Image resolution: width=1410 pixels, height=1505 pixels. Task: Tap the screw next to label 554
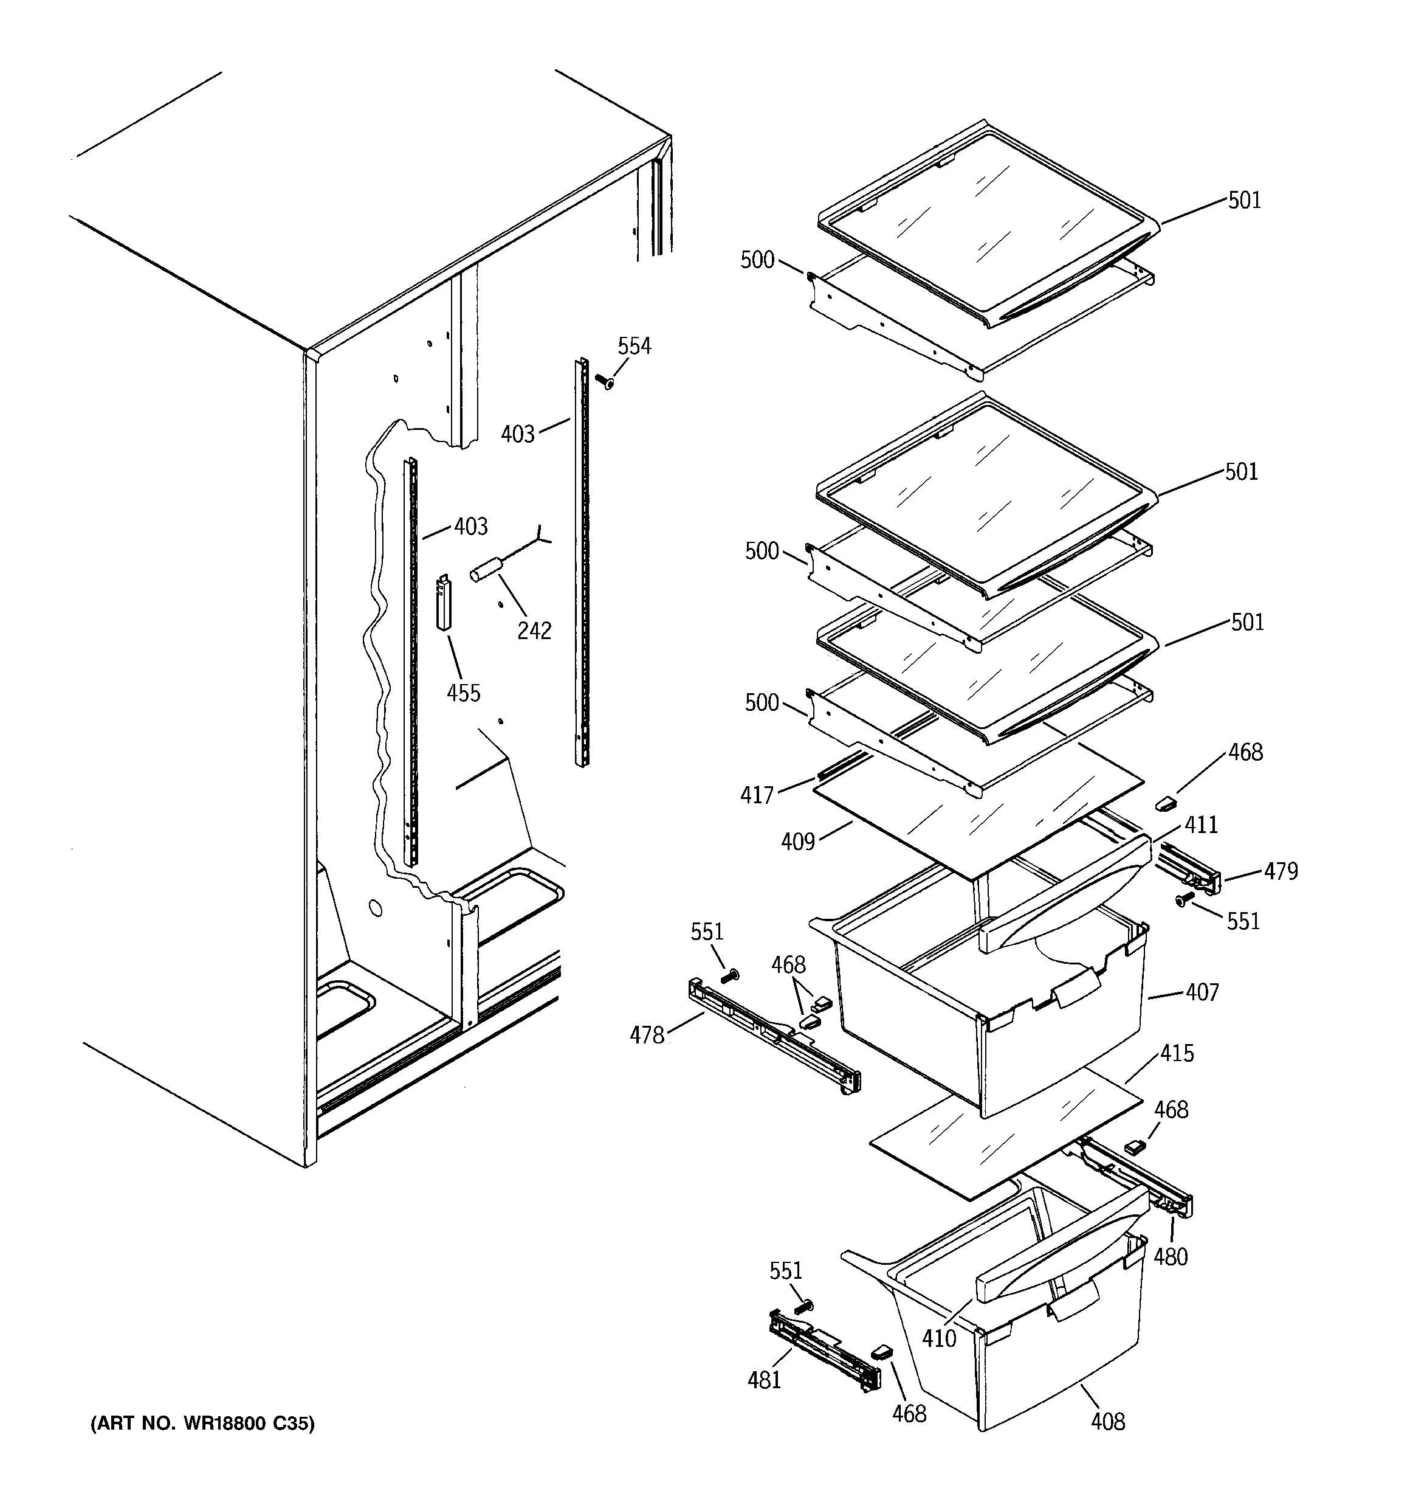coord(605,381)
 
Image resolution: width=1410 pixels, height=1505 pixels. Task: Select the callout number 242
coord(534,630)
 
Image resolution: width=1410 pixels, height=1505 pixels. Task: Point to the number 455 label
coord(463,692)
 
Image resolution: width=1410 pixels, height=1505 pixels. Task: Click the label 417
coord(757,795)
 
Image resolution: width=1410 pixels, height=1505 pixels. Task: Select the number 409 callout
coord(798,841)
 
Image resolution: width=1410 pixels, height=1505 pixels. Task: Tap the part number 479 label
coord(1281,871)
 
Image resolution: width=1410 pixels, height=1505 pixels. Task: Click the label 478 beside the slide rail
coord(647,1035)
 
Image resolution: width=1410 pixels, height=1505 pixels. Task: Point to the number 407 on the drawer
coord(1202,992)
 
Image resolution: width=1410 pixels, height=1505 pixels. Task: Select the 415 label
coord(1177,1053)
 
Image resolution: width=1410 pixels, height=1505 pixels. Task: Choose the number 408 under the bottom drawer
coord(1107,1422)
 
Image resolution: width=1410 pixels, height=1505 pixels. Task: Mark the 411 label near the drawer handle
coord(1201,825)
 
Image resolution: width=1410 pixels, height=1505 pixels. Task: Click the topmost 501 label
coord(1244,200)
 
